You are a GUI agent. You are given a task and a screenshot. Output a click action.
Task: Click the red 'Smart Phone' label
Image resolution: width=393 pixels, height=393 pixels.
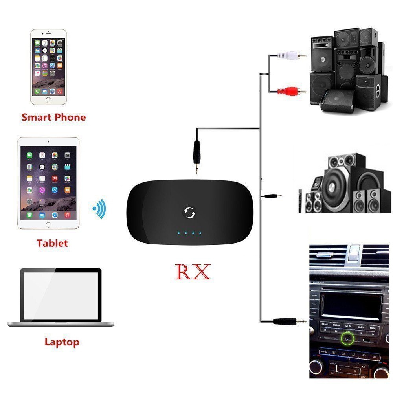point(53,117)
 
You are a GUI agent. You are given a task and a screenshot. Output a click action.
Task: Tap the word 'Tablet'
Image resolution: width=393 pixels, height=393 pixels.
point(52,243)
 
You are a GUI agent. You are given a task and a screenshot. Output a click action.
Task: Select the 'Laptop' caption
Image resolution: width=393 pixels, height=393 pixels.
point(62,342)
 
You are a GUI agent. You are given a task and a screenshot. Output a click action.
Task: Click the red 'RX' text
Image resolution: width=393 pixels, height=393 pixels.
point(193,272)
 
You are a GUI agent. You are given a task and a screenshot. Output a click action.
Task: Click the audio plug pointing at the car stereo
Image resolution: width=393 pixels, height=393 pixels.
point(290,321)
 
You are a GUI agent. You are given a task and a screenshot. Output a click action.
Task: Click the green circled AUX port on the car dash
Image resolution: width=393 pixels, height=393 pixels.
point(347,337)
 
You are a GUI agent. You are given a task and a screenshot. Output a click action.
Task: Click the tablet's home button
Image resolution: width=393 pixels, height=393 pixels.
point(48,225)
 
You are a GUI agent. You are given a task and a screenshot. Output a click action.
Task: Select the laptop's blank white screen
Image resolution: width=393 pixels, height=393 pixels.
point(61,296)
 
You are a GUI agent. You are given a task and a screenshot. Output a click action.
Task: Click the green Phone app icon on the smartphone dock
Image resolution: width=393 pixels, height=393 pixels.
point(37,92)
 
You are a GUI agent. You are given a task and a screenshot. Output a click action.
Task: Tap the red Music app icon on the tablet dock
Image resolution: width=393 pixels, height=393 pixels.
point(67,215)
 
